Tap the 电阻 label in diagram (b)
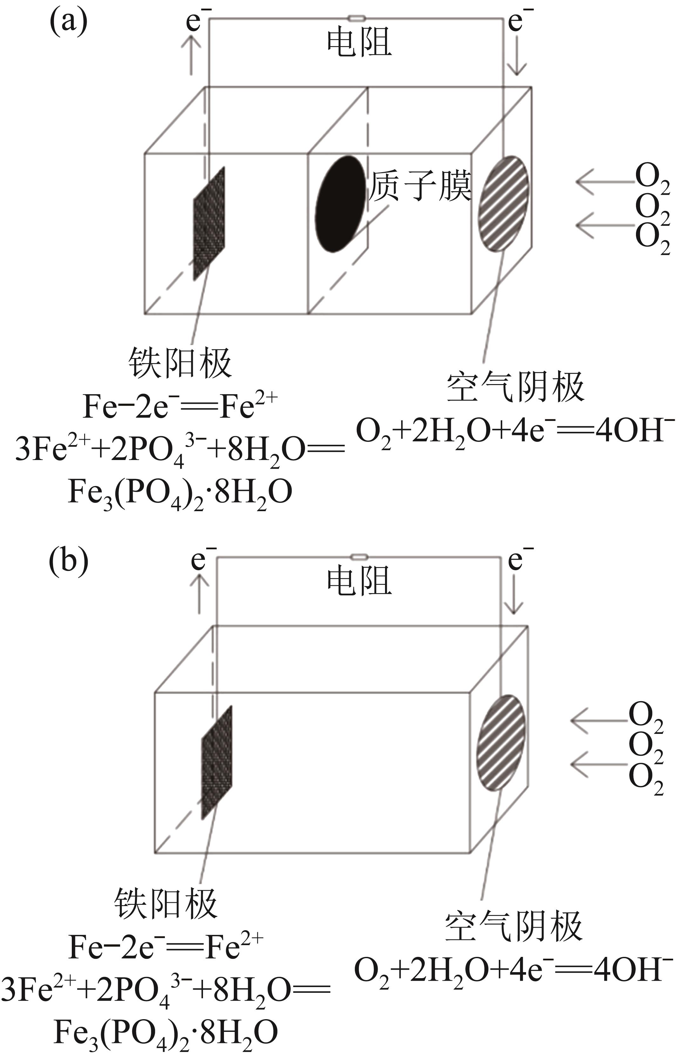click(x=359, y=582)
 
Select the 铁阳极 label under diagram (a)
click(x=180, y=363)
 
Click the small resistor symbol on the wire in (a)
click(x=356, y=18)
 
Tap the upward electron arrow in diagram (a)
click(x=191, y=55)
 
